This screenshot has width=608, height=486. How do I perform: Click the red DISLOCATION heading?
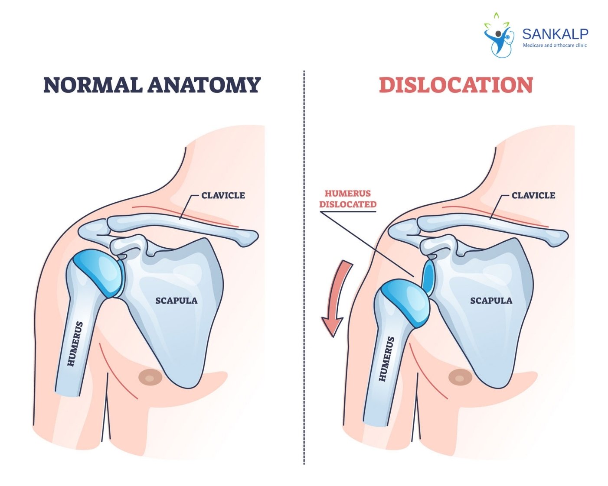point(456,85)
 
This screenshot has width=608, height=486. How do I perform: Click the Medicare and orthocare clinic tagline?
point(555,45)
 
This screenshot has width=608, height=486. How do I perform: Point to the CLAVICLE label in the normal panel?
point(223,195)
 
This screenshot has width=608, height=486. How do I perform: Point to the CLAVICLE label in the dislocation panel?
point(533,195)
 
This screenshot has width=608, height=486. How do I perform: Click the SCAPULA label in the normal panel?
point(177,301)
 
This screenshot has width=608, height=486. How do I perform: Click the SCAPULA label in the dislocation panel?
point(491,301)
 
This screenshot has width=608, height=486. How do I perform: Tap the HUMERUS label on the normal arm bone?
point(75,344)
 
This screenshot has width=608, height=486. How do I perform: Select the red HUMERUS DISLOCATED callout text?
point(348,199)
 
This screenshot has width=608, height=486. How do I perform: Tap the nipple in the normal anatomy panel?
point(150,377)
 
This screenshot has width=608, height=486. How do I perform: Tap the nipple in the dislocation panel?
point(460,377)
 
